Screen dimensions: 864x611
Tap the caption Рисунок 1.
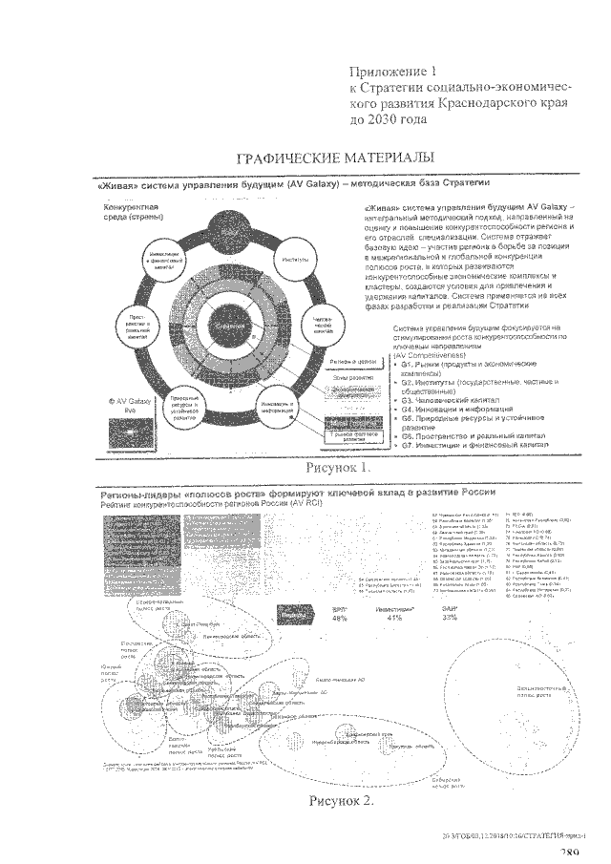point(337,468)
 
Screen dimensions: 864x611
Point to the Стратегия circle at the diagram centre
point(230,327)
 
